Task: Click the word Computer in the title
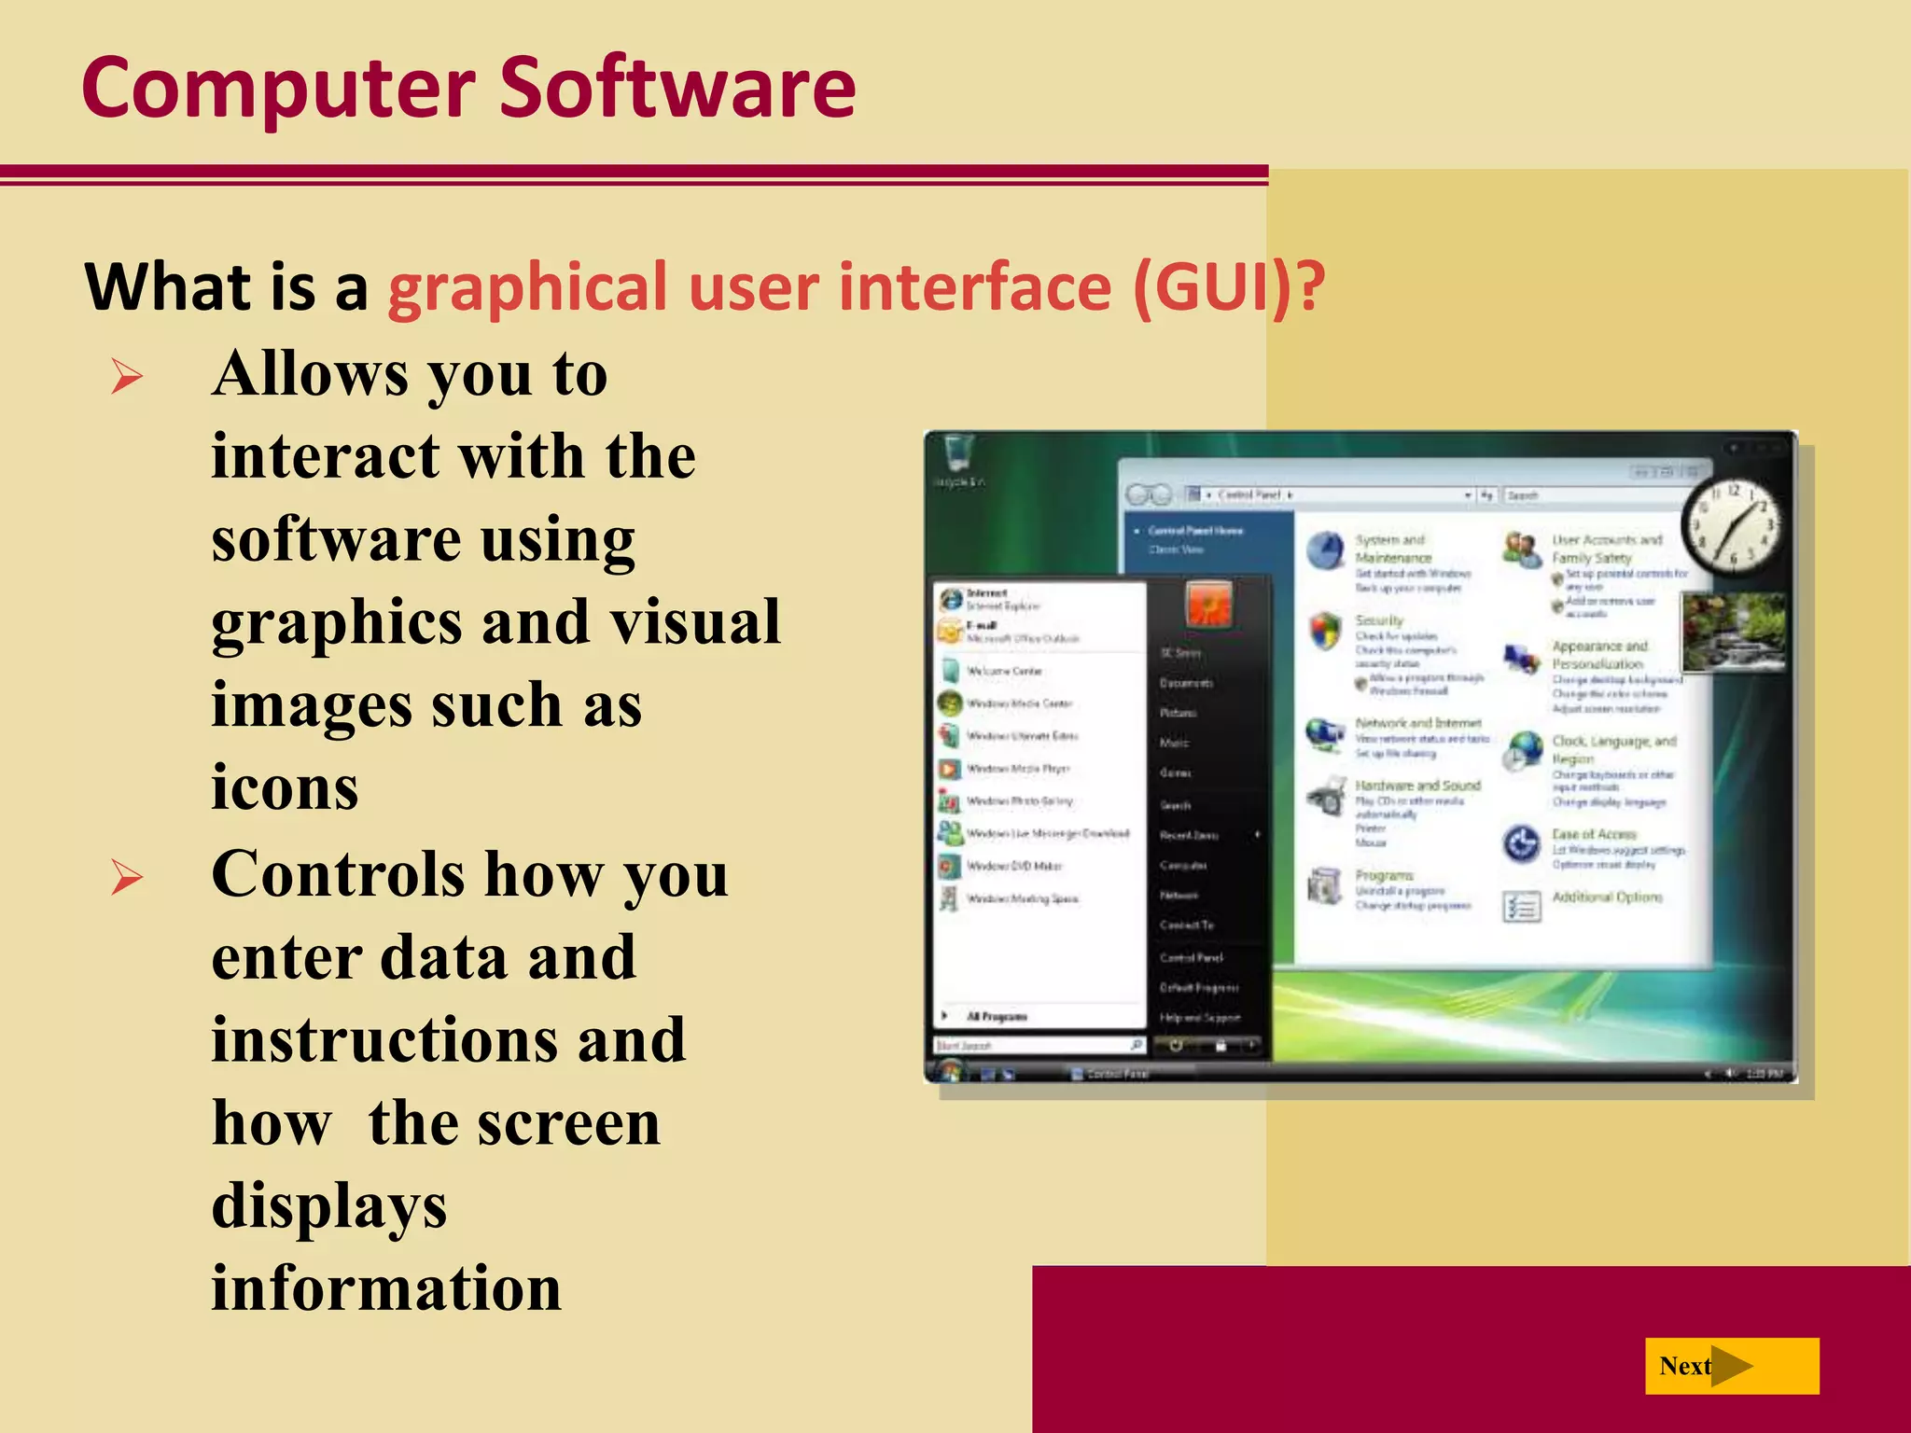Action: tap(278, 89)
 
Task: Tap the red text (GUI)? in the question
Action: tap(1228, 286)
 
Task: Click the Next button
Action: tap(1731, 1366)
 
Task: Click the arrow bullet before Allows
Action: tap(127, 377)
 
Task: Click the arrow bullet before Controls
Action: tap(127, 878)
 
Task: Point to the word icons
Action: tap(285, 786)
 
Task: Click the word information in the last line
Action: tap(386, 1287)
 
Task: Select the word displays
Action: tap(328, 1205)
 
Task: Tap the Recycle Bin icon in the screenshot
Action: tap(958, 454)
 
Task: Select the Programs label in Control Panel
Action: tap(1384, 875)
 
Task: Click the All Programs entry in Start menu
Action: tap(997, 1016)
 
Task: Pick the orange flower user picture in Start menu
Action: tap(1209, 605)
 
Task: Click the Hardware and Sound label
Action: tap(1417, 786)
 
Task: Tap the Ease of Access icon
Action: tap(1521, 843)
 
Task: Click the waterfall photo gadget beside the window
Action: tap(1734, 632)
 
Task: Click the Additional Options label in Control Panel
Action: tap(1607, 897)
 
